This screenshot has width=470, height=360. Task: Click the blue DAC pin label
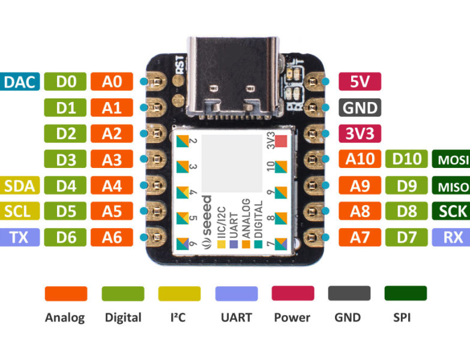coord(20,82)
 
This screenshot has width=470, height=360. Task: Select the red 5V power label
coord(360,82)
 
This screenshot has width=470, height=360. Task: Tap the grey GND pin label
coord(360,107)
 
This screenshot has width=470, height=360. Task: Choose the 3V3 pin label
coord(360,133)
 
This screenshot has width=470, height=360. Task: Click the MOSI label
coord(450,160)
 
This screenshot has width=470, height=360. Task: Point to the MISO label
coord(450,186)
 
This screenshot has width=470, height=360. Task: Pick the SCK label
coord(450,211)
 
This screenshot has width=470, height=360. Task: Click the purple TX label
coord(20,238)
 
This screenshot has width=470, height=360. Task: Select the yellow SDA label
coord(20,186)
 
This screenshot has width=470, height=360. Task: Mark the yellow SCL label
coord(20,211)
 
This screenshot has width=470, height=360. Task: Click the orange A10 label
coord(360,160)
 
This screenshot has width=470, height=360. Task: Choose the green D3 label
coord(65,160)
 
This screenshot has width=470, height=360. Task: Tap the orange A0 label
coord(112,82)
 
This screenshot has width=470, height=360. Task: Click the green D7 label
coord(406,238)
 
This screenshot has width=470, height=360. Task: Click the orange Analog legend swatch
coord(65,293)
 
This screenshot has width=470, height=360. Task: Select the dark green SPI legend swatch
coord(405,293)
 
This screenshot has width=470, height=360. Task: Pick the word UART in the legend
coord(237,317)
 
